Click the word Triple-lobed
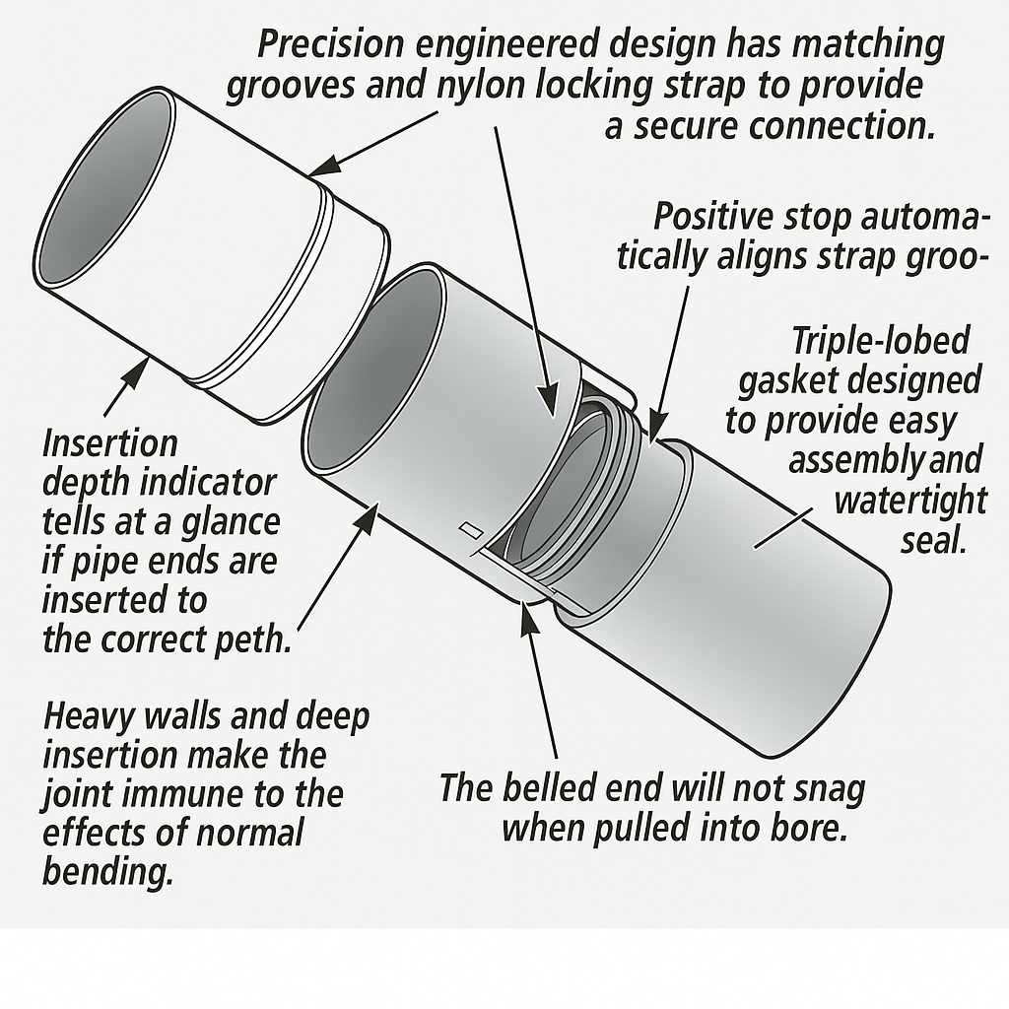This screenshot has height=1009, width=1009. coord(881,341)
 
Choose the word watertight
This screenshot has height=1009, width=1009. coord(909,501)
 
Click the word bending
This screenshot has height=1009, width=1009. coord(107,873)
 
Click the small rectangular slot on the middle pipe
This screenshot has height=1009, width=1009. coord(468,530)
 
